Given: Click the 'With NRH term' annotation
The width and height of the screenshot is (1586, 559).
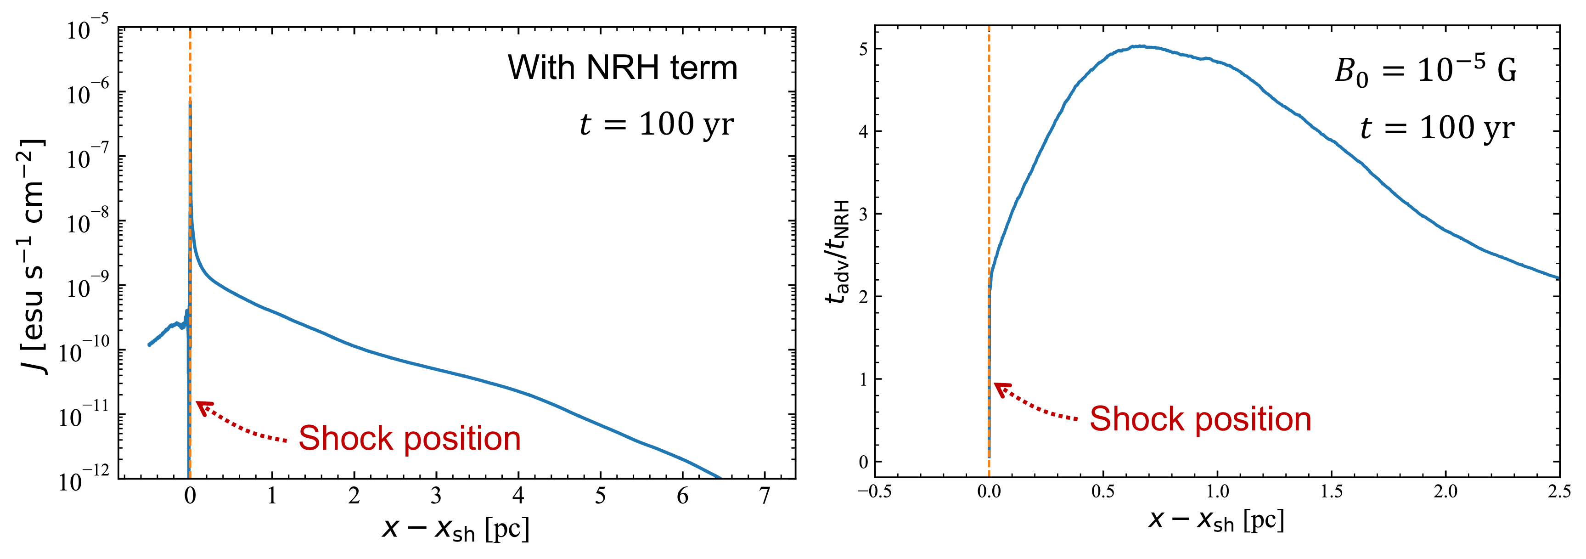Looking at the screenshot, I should pyautogui.click(x=623, y=67).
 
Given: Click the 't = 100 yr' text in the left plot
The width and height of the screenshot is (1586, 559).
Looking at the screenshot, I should pyautogui.click(x=656, y=124).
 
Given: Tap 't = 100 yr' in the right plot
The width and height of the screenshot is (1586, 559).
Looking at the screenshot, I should pyautogui.click(x=1437, y=128).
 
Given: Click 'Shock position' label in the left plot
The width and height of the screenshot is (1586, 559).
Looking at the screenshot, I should pyautogui.click(x=410, y=438).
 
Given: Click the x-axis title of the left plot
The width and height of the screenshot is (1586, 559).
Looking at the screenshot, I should pyautogui.click(x=456, y=528).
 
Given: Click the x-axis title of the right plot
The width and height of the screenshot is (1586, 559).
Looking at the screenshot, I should pyautogui.click(x=1216, y=520).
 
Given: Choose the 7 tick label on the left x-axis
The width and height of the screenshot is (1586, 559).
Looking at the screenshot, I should pyautogui.click(x=765, y=496).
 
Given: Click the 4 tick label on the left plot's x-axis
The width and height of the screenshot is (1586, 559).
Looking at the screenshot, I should pyautogui.click(x=518, y=496).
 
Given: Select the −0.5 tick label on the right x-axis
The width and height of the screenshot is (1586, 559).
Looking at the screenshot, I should pyautogui.click(x=874, y=492).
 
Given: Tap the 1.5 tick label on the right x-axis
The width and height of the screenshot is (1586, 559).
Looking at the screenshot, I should pyautogui.click(x=1331, y=492).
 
